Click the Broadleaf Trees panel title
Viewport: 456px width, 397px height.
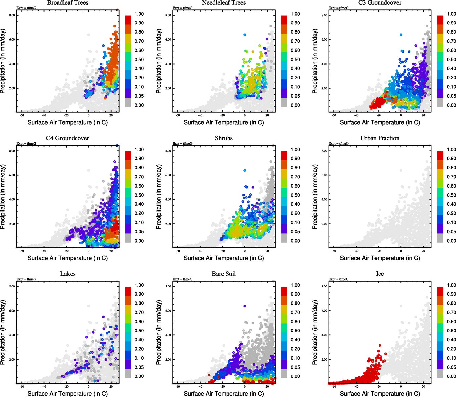click(68, 3)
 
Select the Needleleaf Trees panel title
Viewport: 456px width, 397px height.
click(224, 3)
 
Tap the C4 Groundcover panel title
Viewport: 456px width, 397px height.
click(68, 138)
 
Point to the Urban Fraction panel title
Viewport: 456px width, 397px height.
click(380, 138)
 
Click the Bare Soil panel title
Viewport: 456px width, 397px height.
click(224, 274)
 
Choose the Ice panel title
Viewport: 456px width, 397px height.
click(380, 274)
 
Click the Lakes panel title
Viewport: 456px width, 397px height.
click(68, 274)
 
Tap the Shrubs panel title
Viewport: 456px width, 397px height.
click(224, 138)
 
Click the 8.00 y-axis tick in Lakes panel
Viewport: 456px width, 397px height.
click(12, 287)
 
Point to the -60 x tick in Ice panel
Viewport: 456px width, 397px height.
click(334, 386)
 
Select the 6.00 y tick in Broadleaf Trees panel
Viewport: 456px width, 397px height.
click(12, 40)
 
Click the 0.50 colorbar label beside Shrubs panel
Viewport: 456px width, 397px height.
click(295, 195)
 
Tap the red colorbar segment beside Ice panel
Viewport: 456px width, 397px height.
click(440, 291)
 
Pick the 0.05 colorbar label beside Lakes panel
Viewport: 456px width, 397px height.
click(139, 367)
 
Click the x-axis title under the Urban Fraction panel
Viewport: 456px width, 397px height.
click(380, 258)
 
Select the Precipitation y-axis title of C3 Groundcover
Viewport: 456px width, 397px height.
click(315, 61)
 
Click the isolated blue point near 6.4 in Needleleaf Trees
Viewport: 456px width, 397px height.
click(245, 35)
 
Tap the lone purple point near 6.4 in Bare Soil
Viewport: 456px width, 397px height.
click(245, 306)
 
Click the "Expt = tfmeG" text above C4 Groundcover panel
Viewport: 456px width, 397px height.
click(26, 144)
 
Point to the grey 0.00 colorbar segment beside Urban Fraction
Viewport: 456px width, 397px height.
click(440, 238)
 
